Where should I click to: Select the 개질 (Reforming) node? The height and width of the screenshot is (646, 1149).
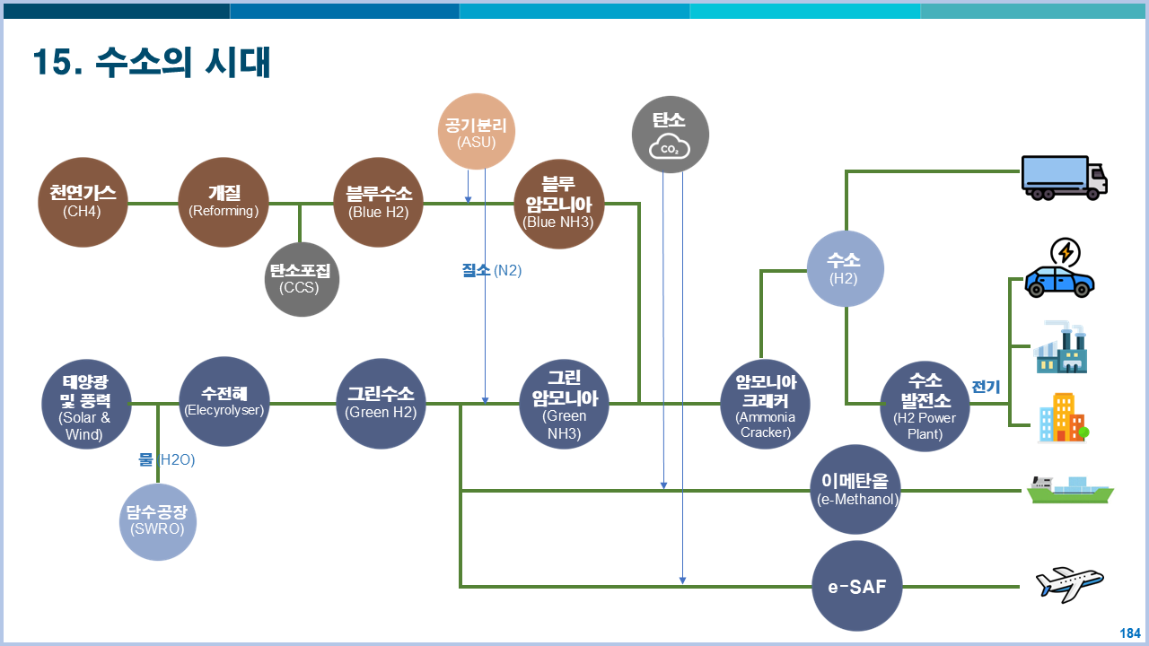point(224,203)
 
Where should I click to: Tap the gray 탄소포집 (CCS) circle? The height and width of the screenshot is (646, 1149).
point(301,279)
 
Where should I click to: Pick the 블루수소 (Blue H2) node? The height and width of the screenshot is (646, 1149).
point(378,203)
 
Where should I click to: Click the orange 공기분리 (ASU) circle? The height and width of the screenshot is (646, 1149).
point(476,132)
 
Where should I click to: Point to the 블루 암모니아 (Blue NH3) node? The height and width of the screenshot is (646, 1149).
point(558,205)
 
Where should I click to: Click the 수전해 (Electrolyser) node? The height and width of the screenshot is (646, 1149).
point(224,402)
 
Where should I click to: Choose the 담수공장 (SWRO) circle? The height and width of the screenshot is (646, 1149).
point(157,520)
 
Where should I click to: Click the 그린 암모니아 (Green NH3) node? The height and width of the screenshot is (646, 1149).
point(565,405)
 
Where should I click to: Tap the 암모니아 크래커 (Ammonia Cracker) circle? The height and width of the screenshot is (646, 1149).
point(766,405)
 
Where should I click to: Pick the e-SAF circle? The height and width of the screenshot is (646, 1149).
point(856,588)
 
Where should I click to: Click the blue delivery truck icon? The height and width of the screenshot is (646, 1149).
point(1064,177)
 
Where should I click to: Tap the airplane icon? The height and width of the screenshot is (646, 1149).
point(1068,584)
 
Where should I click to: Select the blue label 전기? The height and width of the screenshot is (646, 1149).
point(986,387)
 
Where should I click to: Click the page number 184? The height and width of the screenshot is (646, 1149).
point(1129,633)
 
